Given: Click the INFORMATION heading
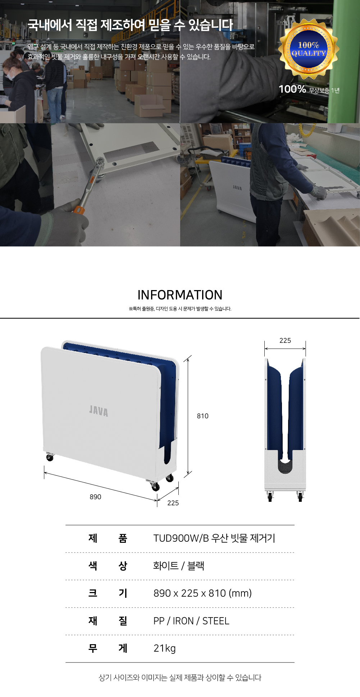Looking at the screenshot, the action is pyautogui.click(x=180, y=295).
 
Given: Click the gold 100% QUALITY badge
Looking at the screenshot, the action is pyautogui.click(x=309, y=49).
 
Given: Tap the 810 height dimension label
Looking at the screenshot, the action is pyautogui.click(x=202, y=416).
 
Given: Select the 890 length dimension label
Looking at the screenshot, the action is pyautogui.click(x=95, y=497).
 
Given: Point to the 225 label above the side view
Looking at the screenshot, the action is pyautogui.click(x=285, y=340).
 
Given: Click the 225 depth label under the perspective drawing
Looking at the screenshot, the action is pyautogui.click(x=173, y=503).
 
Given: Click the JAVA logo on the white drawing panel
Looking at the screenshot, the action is pyautogui.click(x=99, y=411).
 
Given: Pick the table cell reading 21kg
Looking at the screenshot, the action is pyautogui.click(x=165, y=648).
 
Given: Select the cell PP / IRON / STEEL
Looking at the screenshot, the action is pyautogui.click(x=191, y=621).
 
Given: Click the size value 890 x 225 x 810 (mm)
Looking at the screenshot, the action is pyautogui.click(x=202, y=593).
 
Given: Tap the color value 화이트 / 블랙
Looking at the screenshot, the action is pyautogui.click(x=179, y=566).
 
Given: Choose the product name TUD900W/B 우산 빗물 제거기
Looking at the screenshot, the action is pyautogui.click(x=214, y=538).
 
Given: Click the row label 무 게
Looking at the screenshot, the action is pyautogui.click(x=108, y=648).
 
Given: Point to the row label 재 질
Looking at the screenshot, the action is pyautogui.click(x=108, y=621).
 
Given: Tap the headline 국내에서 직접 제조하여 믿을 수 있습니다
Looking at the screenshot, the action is pyautogui.click(x=130, y=25).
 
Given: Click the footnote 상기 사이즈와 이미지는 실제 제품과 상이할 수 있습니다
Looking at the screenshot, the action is pyautogui.click(x=180, y=678).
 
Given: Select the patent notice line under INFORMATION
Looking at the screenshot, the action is pyautogui.click(x=180, y=309).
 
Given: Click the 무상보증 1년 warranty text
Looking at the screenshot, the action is pyautogui.click(x=324, y=90).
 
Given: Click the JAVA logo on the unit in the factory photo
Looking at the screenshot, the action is pyautogui.click(x=237, y=188).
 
